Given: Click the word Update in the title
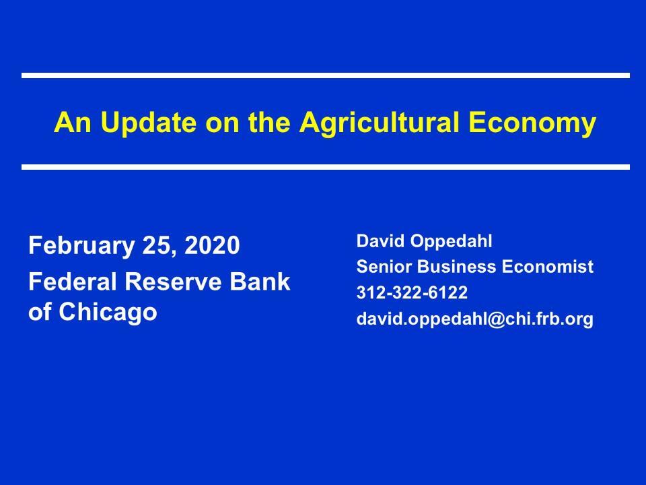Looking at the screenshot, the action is click(x=148, y=123).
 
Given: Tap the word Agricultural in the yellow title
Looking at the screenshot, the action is click(x=379, y=123).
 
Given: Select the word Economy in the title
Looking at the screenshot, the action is click(x=532, y=123).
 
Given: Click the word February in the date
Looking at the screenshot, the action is click(x=81, y=246).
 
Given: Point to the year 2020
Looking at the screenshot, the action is click(x=212, y=245).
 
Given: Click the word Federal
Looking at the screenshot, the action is click(x=73, y=282).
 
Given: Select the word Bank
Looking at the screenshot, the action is click(x=260, y=282).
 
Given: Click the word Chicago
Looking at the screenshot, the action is click(x=108, y=312).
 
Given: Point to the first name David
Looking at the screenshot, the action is click(x=380, y=241).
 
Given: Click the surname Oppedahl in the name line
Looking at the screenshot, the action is click(x=451, y=242).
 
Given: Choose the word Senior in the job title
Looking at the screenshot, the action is click(x=384, y=267).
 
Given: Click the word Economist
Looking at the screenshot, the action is click(x=548, y=267).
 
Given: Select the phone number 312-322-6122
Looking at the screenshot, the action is click(x=412, y=293).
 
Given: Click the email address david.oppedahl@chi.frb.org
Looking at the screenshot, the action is click(x=475, y=319).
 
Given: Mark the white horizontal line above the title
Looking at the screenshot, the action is click(x=326, y=75).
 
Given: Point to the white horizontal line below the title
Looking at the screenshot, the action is click(x=326, y=167).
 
